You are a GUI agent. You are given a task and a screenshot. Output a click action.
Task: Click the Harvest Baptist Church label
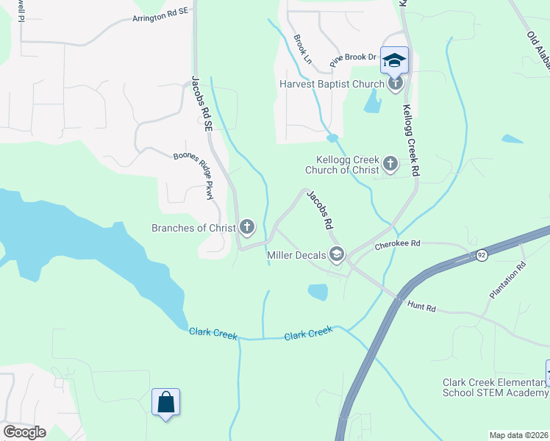tap(332, 84)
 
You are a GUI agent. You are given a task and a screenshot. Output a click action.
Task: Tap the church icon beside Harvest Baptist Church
tap(396, 83)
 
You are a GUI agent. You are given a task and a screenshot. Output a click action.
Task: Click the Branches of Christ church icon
tap(247, 227)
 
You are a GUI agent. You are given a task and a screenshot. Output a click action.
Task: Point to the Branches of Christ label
tap(193, 228)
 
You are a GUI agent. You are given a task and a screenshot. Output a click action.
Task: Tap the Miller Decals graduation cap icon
tap(337, 254)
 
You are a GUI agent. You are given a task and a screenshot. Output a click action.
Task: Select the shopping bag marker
tap(165, 402)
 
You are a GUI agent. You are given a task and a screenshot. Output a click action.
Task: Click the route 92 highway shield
tap(482, 254)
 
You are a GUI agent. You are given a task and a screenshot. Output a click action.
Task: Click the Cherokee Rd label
tap(397, 243)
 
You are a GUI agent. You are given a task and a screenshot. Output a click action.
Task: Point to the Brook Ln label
tap(302, 48)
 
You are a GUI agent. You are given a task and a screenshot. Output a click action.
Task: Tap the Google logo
tap(24, 432)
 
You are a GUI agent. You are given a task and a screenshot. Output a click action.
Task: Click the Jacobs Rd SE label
tap(199, 98)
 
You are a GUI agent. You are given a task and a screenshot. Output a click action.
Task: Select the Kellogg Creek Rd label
tap(410, 140)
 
